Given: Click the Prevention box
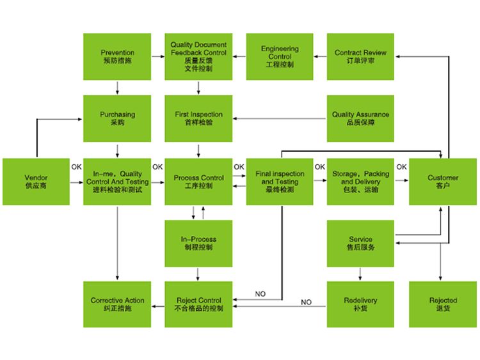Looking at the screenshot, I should [117, 56].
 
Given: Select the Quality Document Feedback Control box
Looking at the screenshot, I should [198, 56].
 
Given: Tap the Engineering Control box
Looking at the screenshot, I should [280, 56].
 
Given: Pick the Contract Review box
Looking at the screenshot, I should [360, 56].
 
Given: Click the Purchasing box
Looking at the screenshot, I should [117, 118].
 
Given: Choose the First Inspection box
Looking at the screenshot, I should [198, 118].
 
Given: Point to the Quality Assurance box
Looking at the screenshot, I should [360, 118].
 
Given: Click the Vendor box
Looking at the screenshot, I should [36, 182].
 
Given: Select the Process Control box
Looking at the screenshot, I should [198, 182].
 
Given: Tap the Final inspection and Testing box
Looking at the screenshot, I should [280, 182].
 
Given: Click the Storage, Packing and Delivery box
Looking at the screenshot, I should [360, 182].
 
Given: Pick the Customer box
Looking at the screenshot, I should [443, 182].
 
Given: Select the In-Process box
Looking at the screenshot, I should [198, 243].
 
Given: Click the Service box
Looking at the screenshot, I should [360, 243].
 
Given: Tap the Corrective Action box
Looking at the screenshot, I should [117, 304].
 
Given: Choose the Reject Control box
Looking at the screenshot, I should [198, 304].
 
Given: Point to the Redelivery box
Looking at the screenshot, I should [360, 304].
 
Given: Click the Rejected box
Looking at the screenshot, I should [443, 304].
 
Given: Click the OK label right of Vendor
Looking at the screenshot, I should [77, 168].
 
